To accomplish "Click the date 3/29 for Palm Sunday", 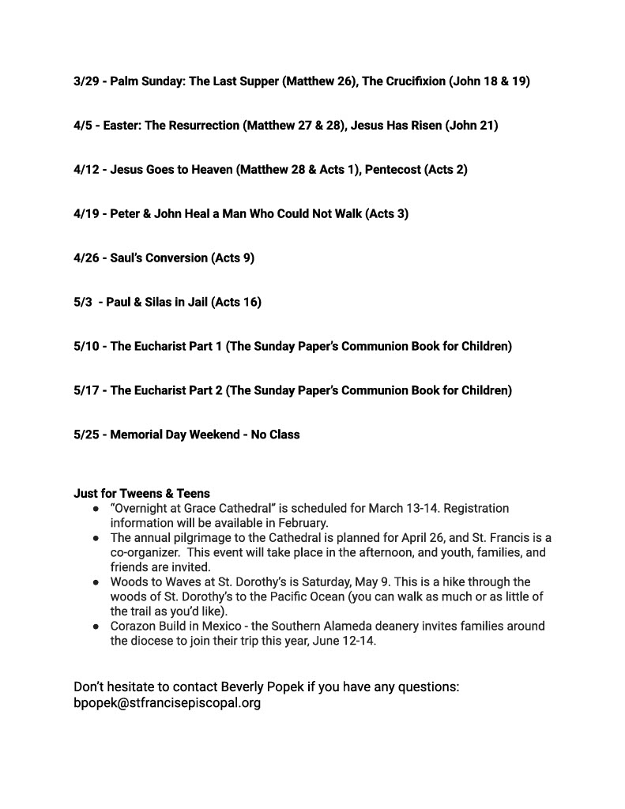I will click(x=86, y=81).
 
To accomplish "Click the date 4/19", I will click(x=86, y=214).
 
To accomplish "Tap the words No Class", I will click(x=275, y=435).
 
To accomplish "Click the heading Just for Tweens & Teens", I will click(x=141, y=494).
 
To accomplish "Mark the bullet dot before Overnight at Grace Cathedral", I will click(x=95, y=508).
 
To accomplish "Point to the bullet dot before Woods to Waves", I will click(x=95, y=582).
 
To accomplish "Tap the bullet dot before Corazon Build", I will click(x=95, y=627).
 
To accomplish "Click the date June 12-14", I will click(x=342, y=641).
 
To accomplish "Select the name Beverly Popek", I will click(x=220, y=687).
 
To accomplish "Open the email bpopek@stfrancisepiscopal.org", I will click(x=167, y=702).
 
